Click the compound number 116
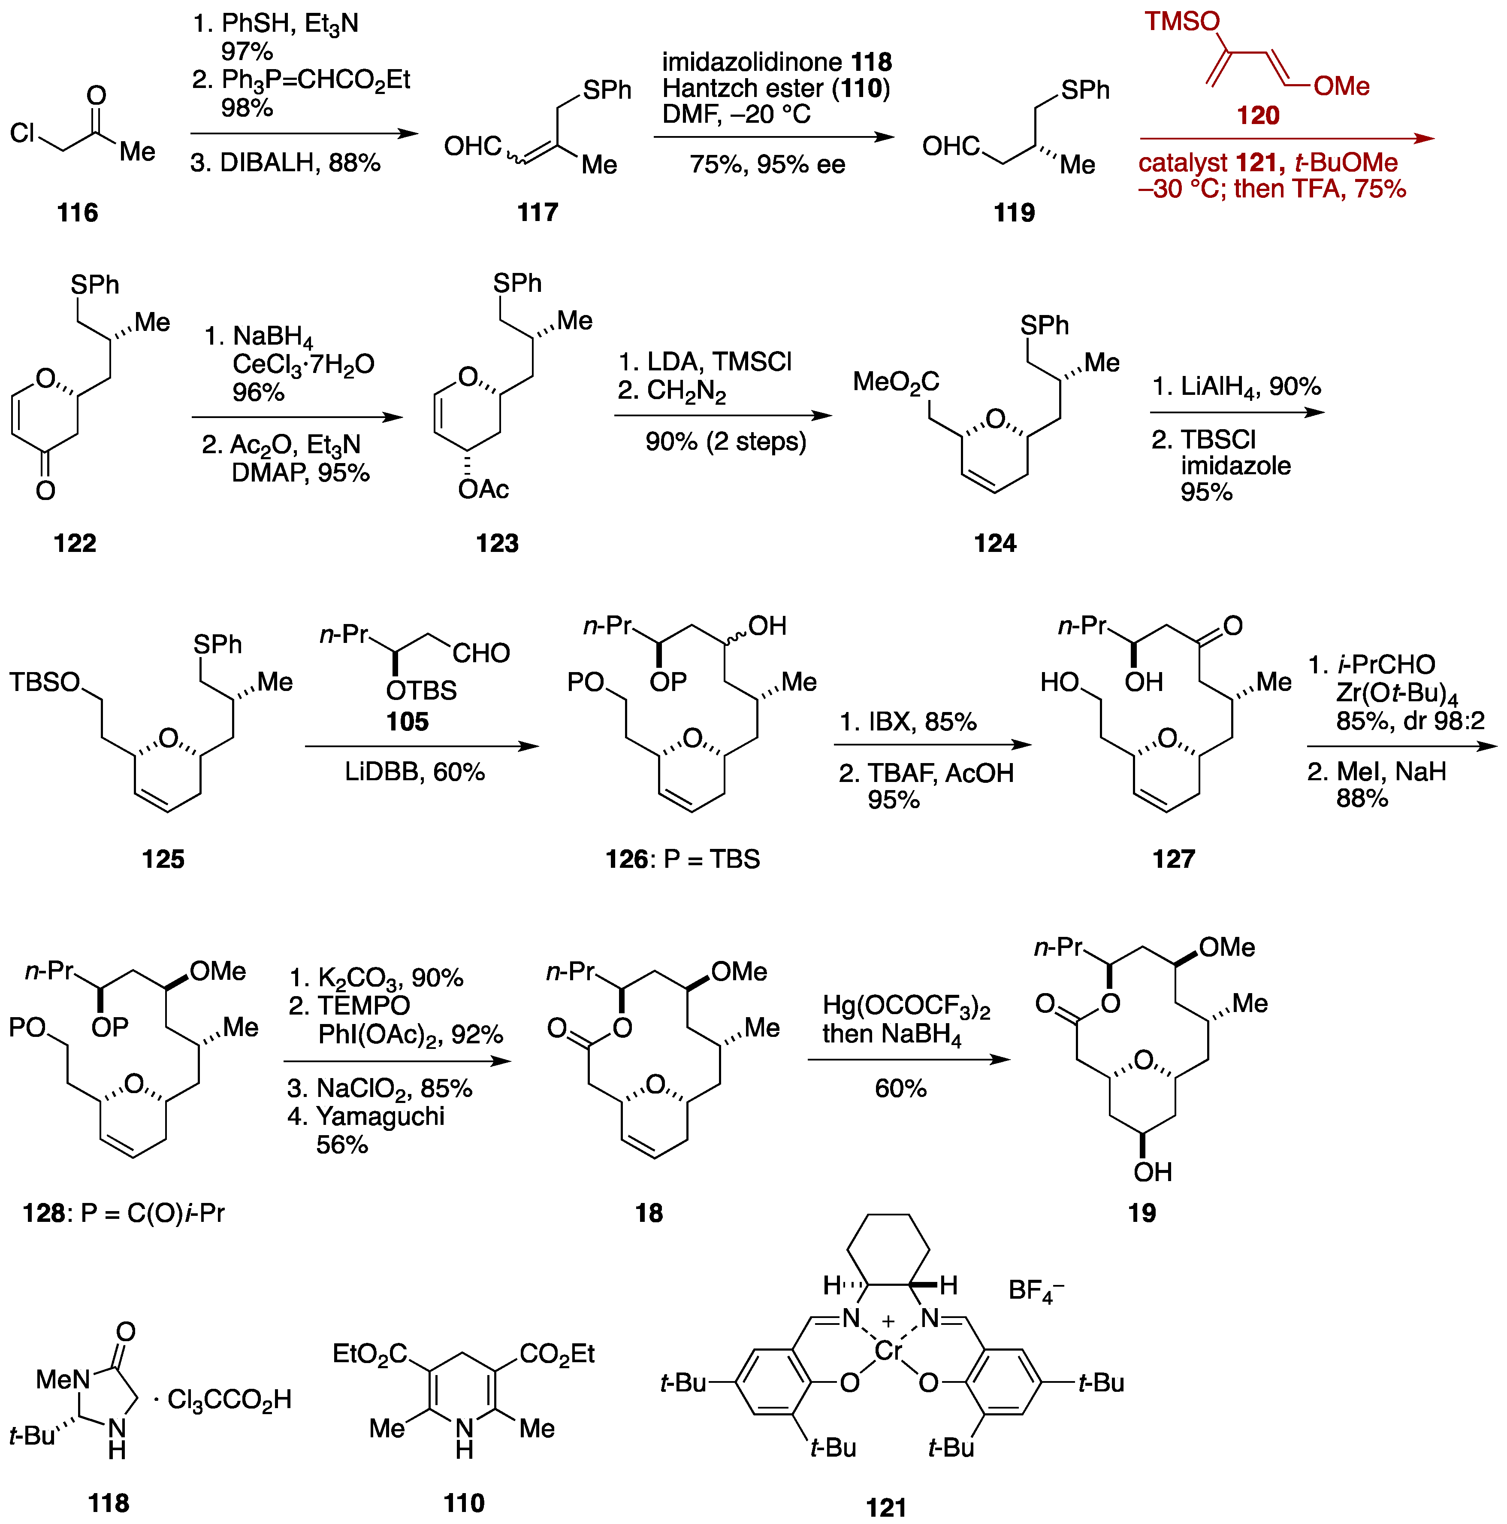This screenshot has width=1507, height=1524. point(77,212)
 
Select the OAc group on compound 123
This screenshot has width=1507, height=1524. point(483,489)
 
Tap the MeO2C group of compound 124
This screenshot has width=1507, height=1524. point(896,382)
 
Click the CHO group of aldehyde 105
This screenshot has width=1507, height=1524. point(481,653)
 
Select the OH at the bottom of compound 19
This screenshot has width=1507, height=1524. point(1152,1172)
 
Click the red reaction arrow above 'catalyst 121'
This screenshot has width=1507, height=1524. point(1285,139)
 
